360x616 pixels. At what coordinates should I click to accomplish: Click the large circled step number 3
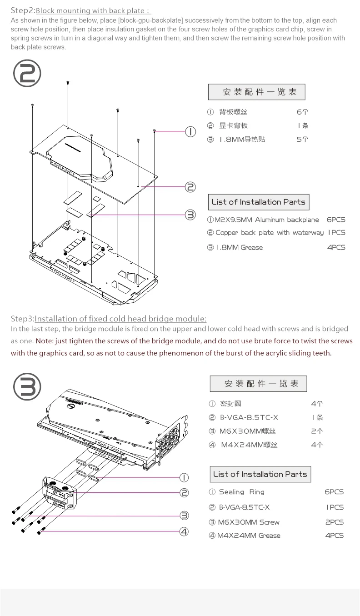[27, 386]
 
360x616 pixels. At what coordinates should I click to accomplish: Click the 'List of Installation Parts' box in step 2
[258, 202]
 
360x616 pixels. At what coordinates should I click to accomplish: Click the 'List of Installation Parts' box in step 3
[260, 474]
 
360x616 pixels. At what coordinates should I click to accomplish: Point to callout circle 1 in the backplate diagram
[190, 132]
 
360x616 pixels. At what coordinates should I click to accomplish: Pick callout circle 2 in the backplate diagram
[190, 186]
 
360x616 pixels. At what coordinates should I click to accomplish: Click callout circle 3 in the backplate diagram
[190, 215]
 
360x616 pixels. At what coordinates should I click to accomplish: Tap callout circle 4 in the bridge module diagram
[184, 531]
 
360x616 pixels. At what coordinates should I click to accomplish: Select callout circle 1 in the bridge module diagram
[184, 477]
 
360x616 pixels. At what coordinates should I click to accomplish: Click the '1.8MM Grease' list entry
[239, 247]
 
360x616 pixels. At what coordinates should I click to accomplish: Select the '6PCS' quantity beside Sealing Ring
[334, 492]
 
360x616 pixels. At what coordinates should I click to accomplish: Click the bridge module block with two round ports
[60, 493]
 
